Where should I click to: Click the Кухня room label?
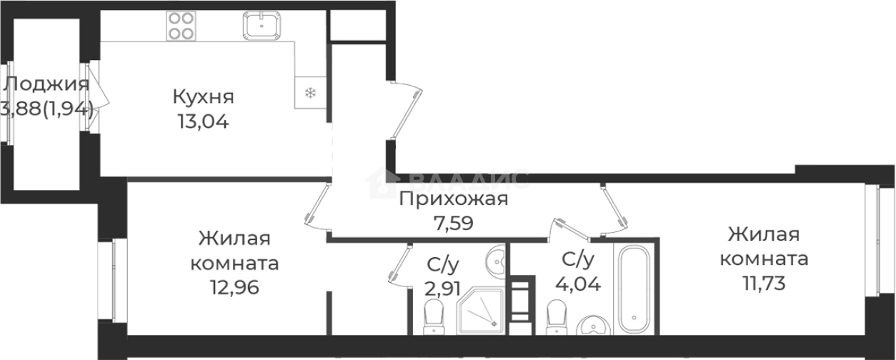[x=204, y=96]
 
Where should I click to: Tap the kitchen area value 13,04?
[x=204, y=121]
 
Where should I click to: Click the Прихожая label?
[x=453, y=199]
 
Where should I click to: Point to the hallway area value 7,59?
[x=453, y=221]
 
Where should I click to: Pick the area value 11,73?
[x=764, y=284]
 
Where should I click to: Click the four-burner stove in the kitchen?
[x=181, y=26]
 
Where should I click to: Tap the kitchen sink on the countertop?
[x=264, y=27]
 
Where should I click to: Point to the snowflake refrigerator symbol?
[x=310, y=92]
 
